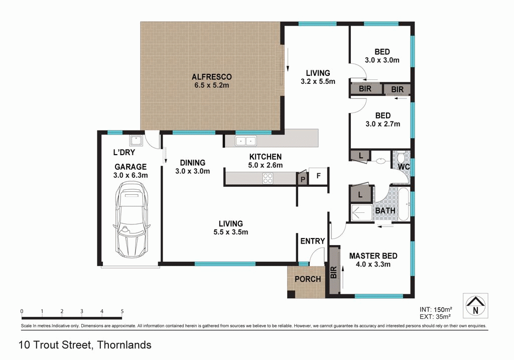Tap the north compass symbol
(474, 305)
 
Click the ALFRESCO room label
(211, 77)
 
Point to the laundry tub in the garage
(136, 141)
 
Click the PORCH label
(307, 279)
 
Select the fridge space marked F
(318, 176)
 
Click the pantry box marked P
(303, 178)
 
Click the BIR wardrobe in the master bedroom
(333, 272)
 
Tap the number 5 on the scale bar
(122, 311)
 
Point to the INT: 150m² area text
(435, 309)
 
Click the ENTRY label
(312, 242)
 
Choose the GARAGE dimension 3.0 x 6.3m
(131, 175)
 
